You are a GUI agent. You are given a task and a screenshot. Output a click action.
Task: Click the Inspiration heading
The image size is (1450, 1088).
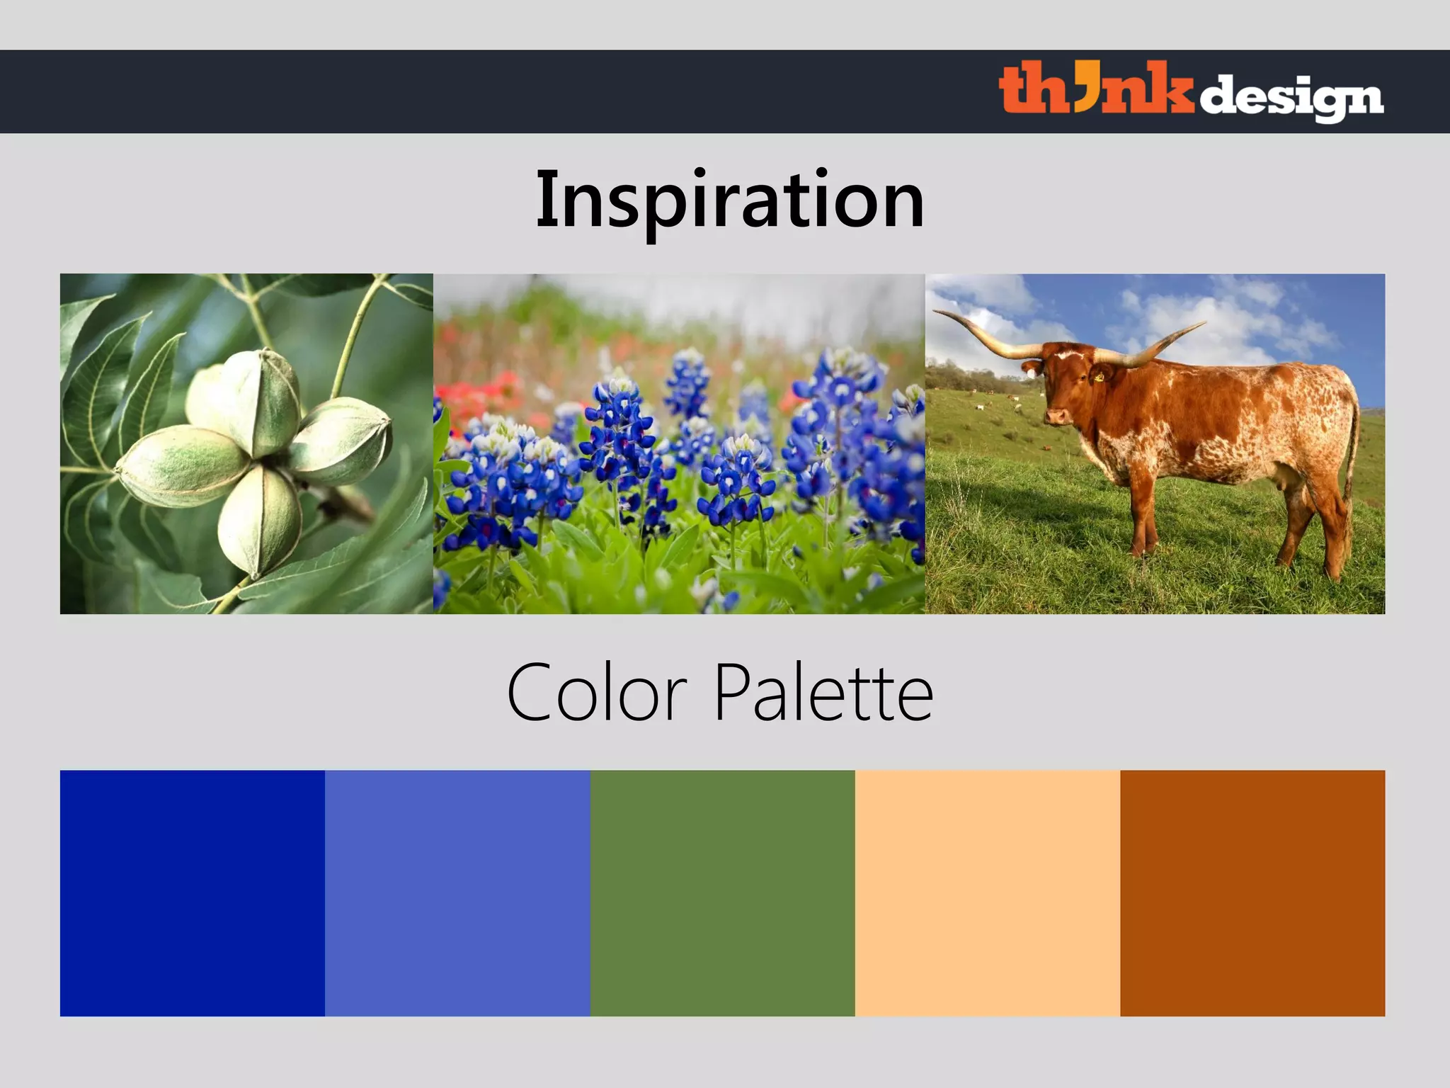tap(729, 200)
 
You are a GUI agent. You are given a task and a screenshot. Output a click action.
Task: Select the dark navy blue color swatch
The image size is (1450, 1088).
tap(192, 892)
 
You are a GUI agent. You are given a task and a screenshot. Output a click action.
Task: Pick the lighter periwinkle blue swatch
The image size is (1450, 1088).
tap(457, 892)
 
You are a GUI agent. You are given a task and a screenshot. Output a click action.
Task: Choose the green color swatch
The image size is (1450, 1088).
tap(722, 892)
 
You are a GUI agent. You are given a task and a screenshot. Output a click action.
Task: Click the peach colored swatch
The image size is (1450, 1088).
tap(987, 892)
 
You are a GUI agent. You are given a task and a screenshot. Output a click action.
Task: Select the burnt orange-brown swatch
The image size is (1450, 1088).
tap(1252, 892)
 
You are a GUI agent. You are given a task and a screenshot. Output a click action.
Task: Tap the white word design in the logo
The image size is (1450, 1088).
tap(1291, 98)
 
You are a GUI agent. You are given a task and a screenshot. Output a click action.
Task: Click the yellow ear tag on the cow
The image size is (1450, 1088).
tap(1098, 378)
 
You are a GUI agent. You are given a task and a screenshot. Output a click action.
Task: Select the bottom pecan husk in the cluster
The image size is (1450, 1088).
tap(258, 521)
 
